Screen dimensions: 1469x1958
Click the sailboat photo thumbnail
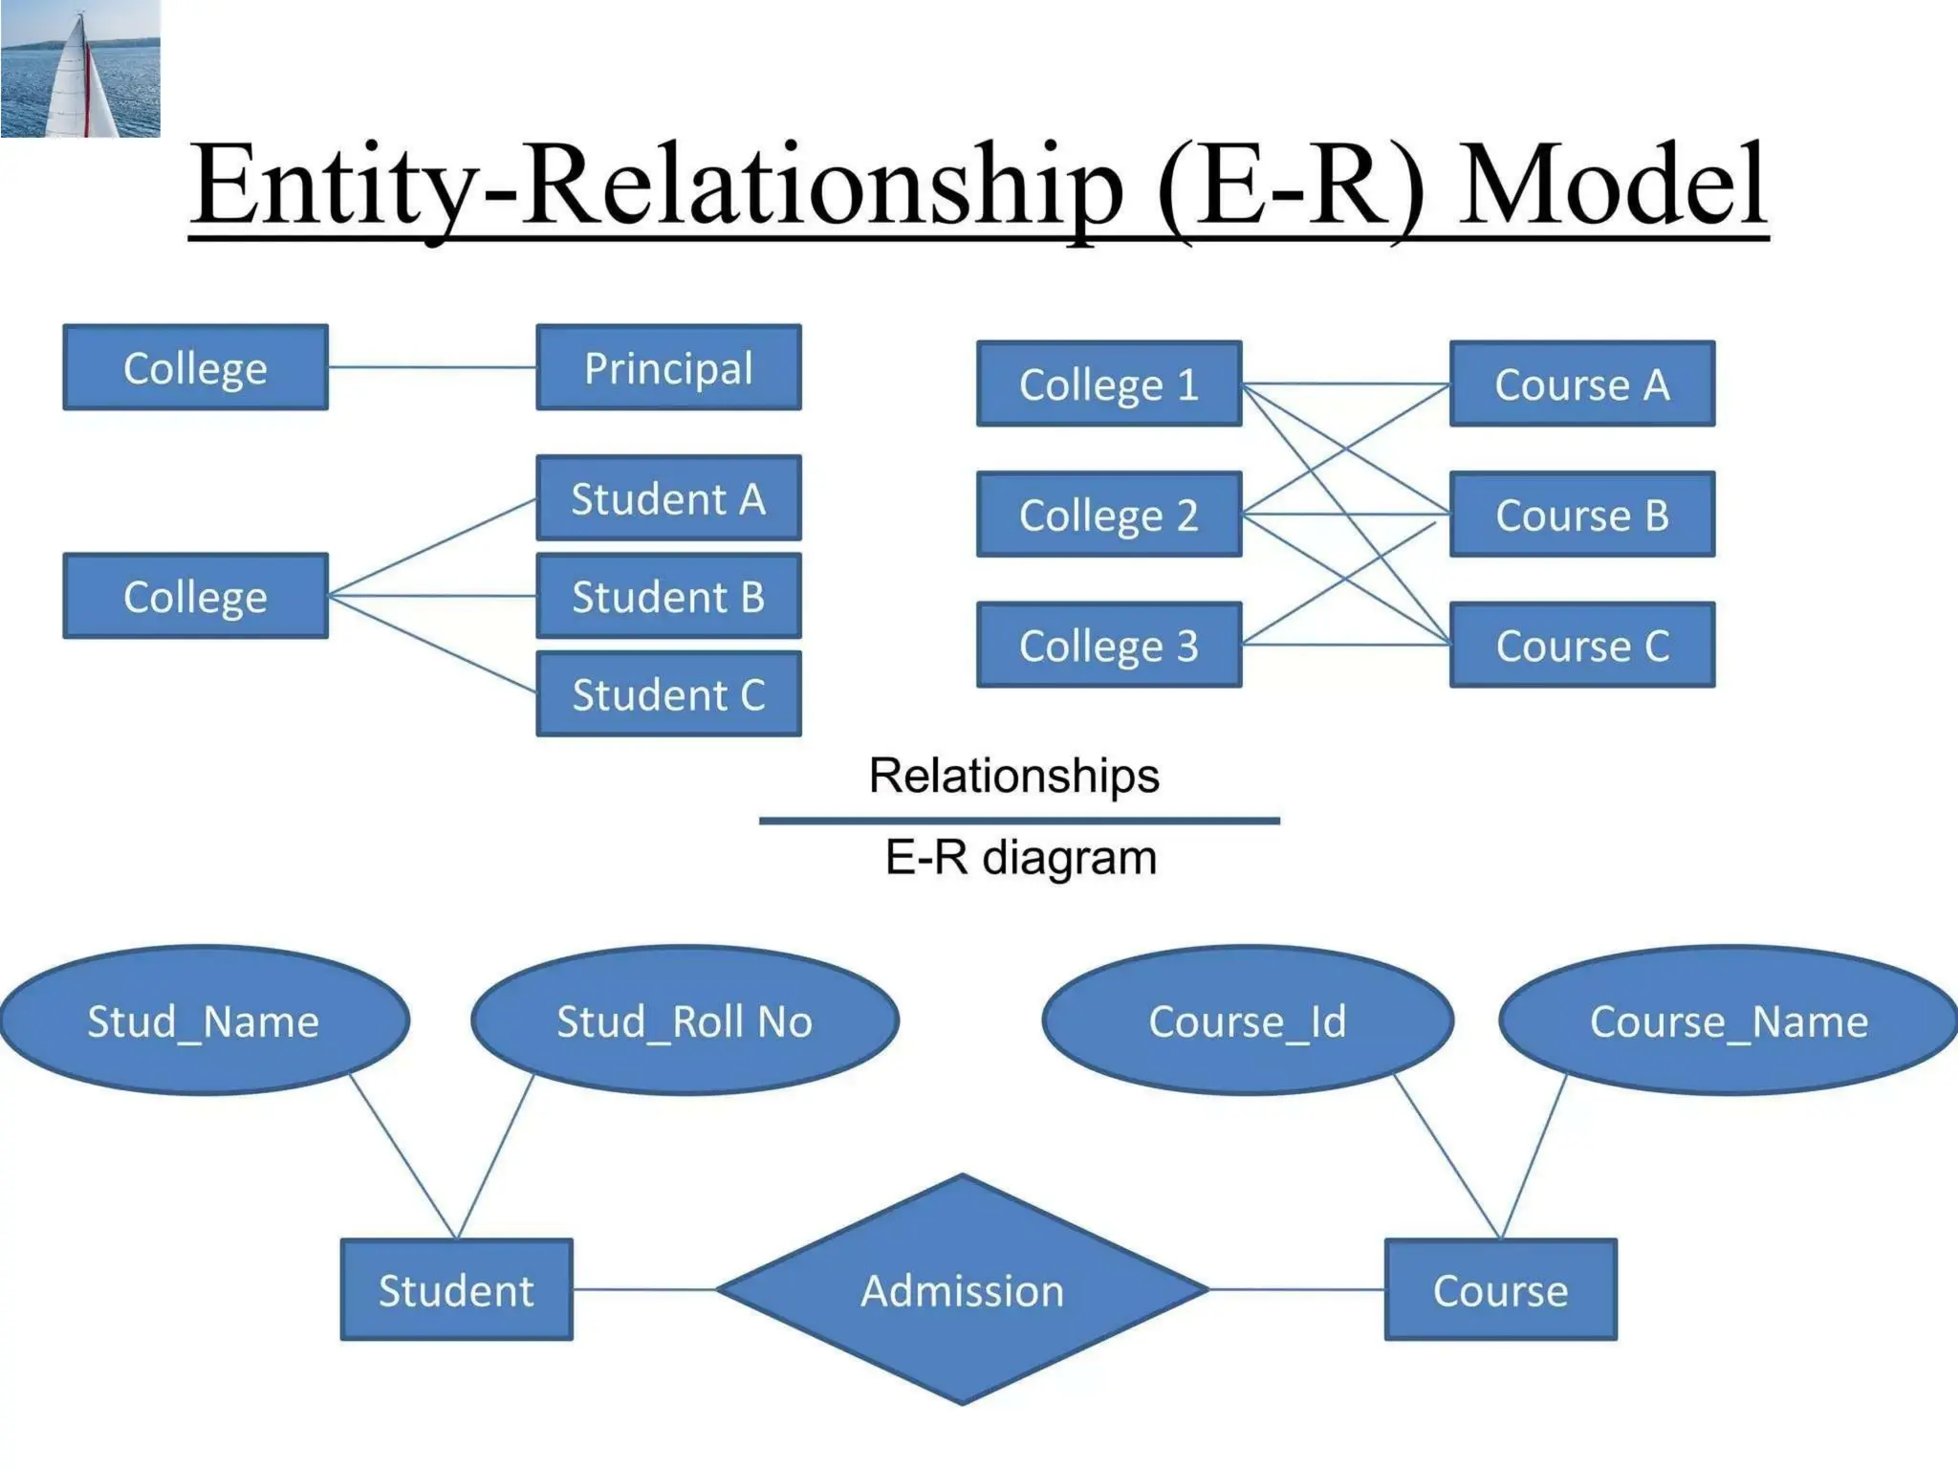tap(80, 69)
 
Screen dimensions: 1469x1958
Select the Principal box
tap(668, 368)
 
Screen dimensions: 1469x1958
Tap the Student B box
tap(668, 596)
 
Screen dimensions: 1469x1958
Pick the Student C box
tap(668, 694)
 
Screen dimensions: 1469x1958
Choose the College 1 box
tap(1109, 384)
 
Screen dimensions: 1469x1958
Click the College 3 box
tap(1109, 646)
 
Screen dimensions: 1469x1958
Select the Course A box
tap(1582, 384)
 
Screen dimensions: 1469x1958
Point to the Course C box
tap(1582, 646)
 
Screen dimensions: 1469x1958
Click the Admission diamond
tap(962, 1290)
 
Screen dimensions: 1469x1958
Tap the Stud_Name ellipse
tap(204, 1021)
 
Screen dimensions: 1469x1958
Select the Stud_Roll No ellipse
tap(685, 1021)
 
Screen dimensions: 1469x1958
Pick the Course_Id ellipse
tap(1248, 1021)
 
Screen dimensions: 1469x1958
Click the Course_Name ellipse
tap(1729, 1021)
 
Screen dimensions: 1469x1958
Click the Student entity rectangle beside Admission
tap(456, 1290)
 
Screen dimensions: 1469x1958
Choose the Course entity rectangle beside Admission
tap(1500, 1290)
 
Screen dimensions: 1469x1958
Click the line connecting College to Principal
tap(432, 367)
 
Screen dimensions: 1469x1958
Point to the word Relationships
tap(1013, 776)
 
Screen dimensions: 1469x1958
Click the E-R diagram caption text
tap(1020, 858)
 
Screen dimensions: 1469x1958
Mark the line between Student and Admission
tap(644, 1289)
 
